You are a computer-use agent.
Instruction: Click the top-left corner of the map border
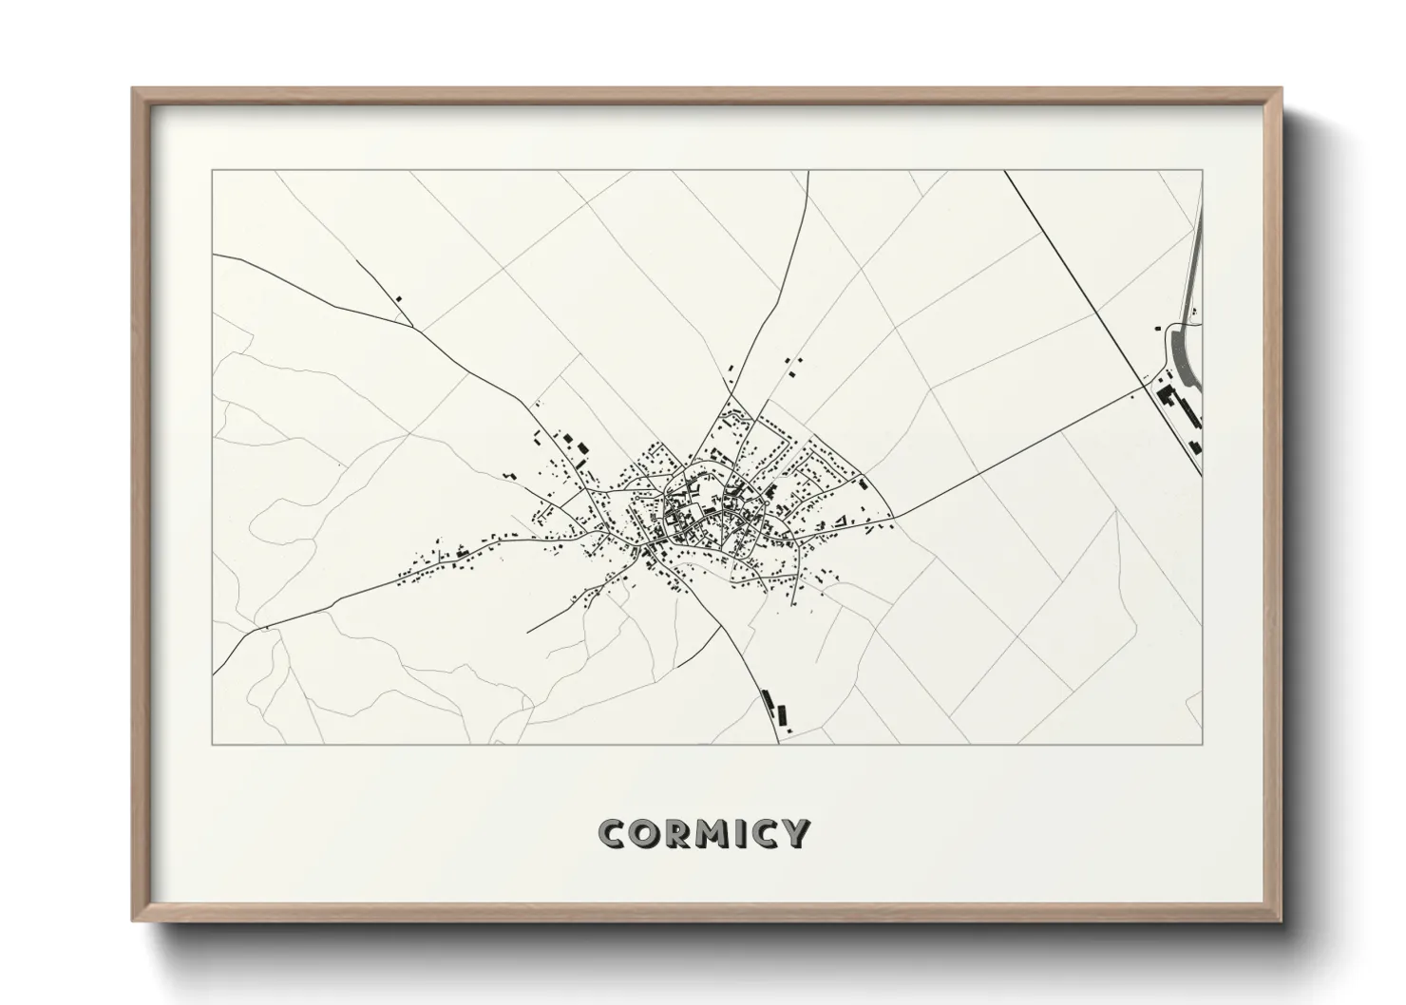213,171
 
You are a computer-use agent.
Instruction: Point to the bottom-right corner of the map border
1202,743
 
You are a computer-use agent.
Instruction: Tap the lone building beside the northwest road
399,299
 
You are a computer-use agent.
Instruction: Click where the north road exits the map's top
807,172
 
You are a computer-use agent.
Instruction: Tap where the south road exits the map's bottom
778,742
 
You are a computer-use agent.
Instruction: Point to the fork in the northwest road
411,327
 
